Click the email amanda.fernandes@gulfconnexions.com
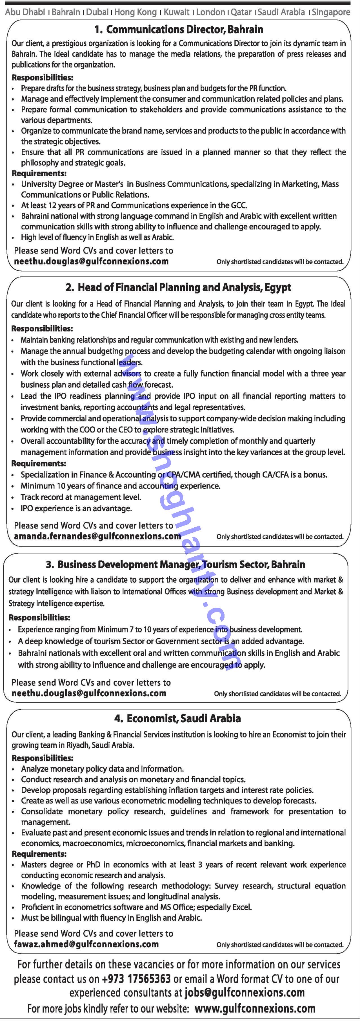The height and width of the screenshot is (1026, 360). click(x=97, y=536)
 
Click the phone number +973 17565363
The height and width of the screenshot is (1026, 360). click(x=136, y=979)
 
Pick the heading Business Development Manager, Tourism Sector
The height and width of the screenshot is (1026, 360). click(x=175, y=564)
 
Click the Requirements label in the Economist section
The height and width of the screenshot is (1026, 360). click(x=39, y=854)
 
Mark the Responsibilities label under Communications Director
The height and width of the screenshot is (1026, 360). click(x=43, y=78)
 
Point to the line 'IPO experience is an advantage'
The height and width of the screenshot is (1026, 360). click(x=76, y=508)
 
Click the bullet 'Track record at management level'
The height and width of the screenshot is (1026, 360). click(x=81, y=497)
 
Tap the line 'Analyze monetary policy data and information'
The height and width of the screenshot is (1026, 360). click(x=102, y=769)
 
